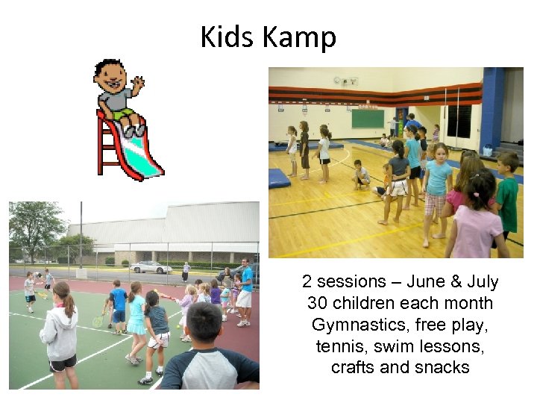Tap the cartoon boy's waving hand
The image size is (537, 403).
[137, 82]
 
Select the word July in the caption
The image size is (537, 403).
[483, 282]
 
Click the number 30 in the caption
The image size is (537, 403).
[318, 304]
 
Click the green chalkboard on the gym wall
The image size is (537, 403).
[368, 119]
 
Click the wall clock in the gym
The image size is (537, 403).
[337, 81]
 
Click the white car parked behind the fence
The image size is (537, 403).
[151, 267]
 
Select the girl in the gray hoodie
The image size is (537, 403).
[60, 332]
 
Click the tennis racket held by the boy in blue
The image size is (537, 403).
[98, 321]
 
